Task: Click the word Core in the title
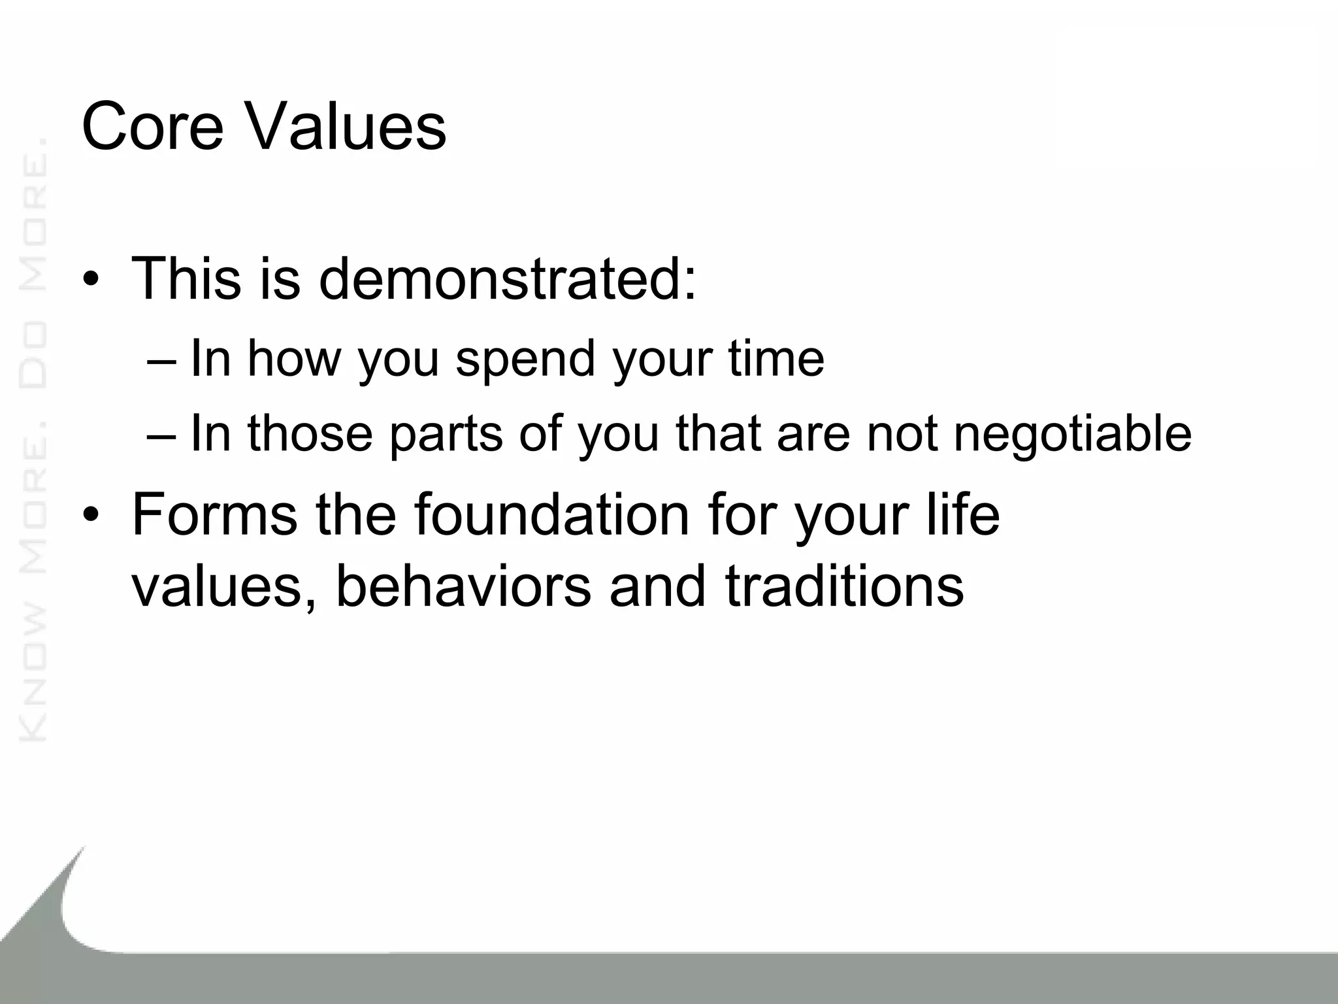click(152, 126)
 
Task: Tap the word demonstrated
click(507, 279)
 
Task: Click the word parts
click(446, 435)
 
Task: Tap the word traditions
click(844, 585)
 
